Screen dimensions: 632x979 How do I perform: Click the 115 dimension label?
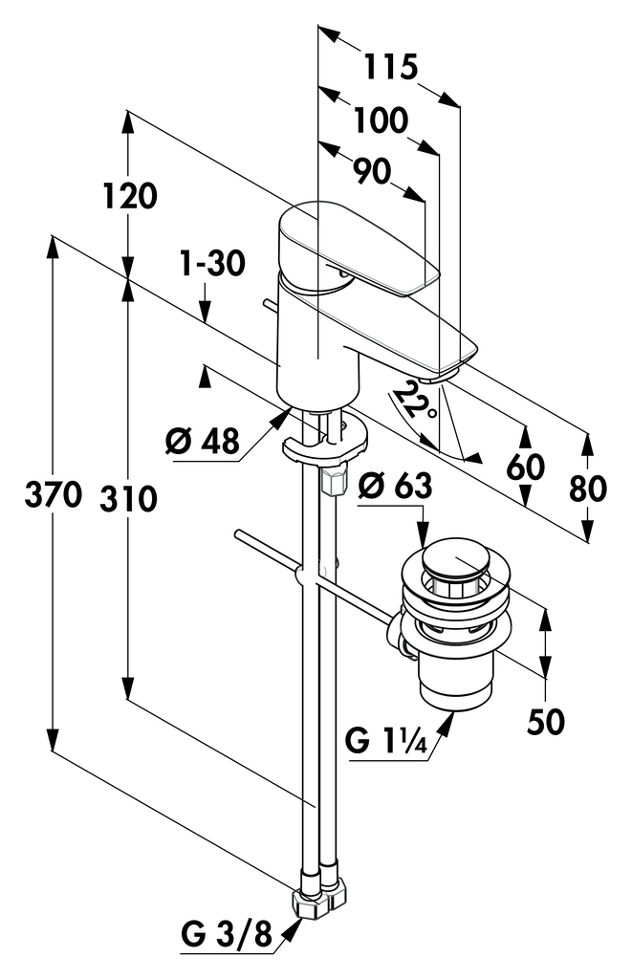(390, 67)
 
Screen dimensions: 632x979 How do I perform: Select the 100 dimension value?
(381, 120)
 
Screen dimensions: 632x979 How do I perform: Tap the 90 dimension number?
(373, 171)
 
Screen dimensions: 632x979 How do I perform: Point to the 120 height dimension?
(130, 196)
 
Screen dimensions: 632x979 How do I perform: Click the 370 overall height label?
(54, 494)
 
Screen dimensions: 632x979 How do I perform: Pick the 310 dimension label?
(129, 499)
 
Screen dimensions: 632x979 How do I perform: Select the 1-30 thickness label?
(212, 264)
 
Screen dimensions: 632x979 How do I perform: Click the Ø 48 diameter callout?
(203, 442)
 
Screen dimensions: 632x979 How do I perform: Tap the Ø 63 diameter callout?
(395, 485)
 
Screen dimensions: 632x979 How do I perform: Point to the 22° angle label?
(415, 402)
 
